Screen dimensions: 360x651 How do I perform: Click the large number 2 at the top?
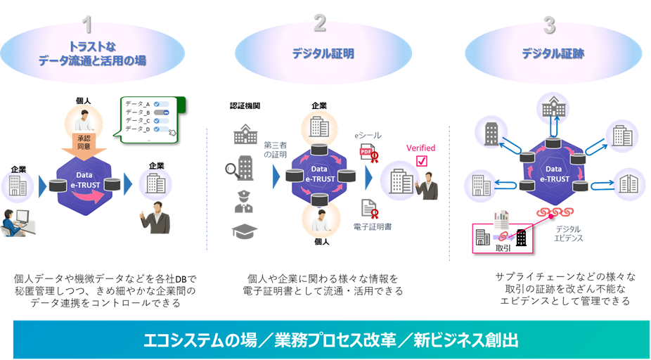319,25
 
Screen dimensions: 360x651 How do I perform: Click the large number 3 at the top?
549,25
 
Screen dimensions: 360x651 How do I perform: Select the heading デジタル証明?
323,53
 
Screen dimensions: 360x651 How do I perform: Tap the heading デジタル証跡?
553,53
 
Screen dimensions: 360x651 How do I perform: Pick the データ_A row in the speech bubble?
143,104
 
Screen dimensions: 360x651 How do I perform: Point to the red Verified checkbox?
421,161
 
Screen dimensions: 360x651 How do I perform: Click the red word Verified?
421,148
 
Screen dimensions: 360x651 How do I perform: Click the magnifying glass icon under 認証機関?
241,169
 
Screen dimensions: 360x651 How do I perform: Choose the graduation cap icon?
245,231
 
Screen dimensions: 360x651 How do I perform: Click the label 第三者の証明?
275,150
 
